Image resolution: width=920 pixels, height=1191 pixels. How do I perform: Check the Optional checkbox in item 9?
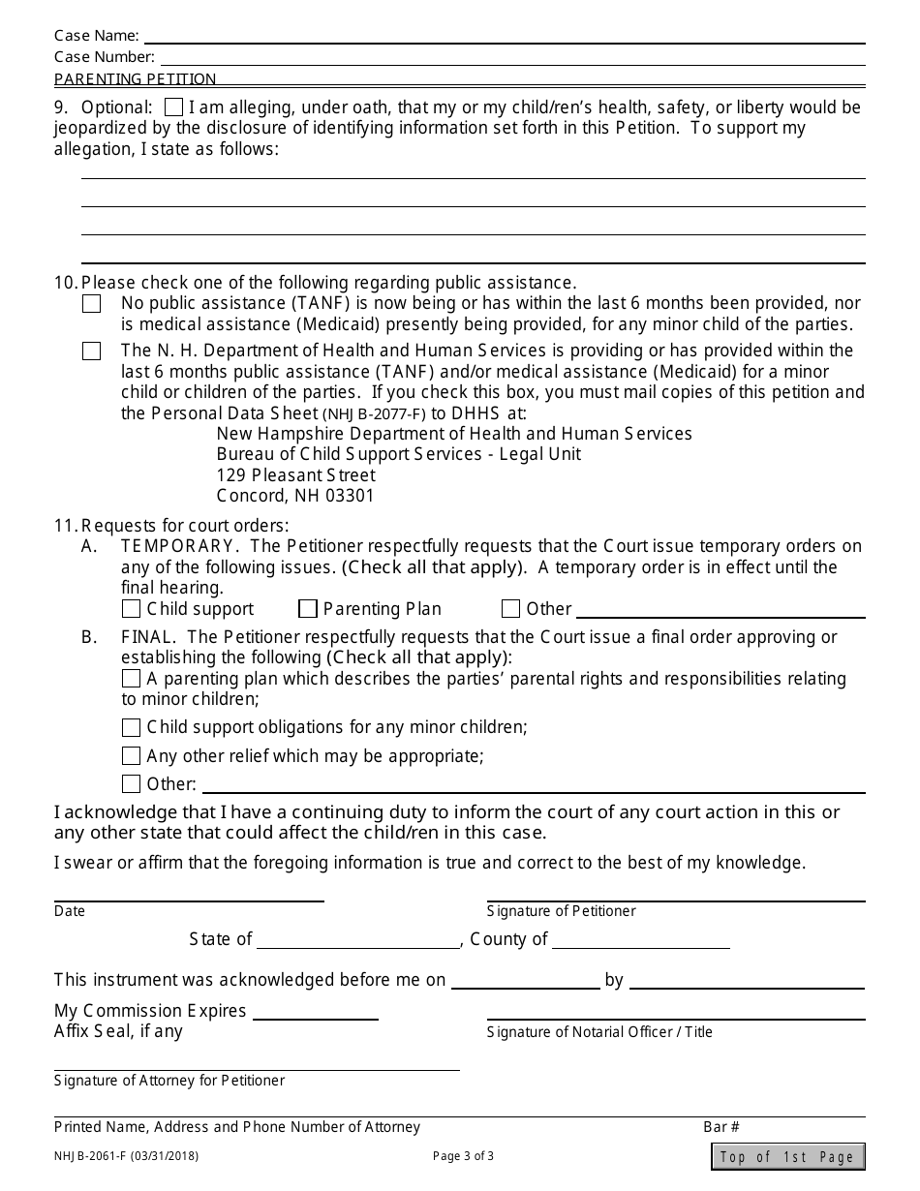tap(173, 107)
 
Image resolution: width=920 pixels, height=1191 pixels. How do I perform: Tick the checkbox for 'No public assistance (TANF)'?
tap(91, 304)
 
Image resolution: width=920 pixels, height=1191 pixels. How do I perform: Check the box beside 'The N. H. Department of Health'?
tap(91, 351)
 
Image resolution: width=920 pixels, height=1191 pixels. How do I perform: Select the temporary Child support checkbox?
tap(131, 609)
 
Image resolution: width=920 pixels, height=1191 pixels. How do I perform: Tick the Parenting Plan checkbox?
tap(308, 609)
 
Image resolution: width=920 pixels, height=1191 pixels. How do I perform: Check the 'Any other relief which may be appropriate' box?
tap(131, 756)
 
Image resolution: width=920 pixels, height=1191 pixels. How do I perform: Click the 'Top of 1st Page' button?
tap(787, 1156)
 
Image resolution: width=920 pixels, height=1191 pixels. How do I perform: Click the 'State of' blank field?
tap(358, 940)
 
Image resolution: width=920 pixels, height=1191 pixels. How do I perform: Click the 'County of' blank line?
tap(640, 940)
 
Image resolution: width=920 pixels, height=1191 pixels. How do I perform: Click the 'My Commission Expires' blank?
tap(315, 1012)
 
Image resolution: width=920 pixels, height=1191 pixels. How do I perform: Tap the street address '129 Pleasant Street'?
tap(295, 475)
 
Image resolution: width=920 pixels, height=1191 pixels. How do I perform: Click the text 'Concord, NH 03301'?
tap(295, 496)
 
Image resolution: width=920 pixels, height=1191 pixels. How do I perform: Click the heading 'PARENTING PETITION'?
tap(136, 79)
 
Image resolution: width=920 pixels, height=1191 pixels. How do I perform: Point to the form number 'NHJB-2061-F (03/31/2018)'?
tap(127, 1155)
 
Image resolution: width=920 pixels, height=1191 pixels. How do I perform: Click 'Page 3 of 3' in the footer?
tap(463, 1155)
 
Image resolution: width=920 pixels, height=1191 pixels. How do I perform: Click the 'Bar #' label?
tap(721, 1127)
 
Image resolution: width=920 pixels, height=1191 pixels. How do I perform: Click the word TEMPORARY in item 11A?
tap(177, 546)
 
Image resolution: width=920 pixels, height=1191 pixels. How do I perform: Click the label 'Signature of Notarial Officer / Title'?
tap(599, 1032)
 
